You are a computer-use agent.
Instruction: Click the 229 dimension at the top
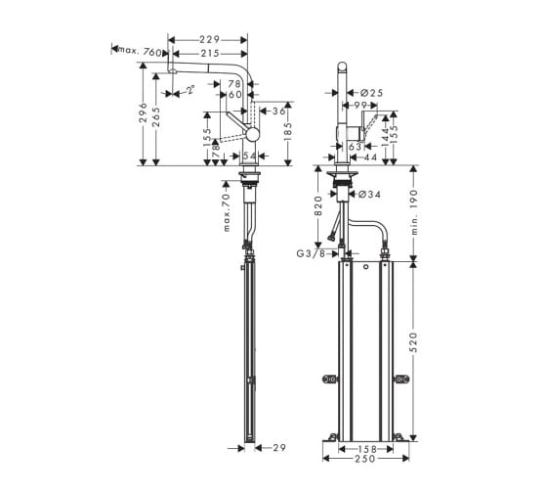point(209,40)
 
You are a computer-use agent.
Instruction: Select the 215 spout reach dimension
point(210,54)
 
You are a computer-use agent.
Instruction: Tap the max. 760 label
point(140,51)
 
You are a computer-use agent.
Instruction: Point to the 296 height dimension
point(143,112)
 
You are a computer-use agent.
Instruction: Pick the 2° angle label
point(190,90)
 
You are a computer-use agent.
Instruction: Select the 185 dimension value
point(288,131)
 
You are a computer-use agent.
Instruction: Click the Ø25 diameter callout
point(371,93)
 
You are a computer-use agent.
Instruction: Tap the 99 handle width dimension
point(360,105)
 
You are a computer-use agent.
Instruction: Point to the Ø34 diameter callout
point(369,194)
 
